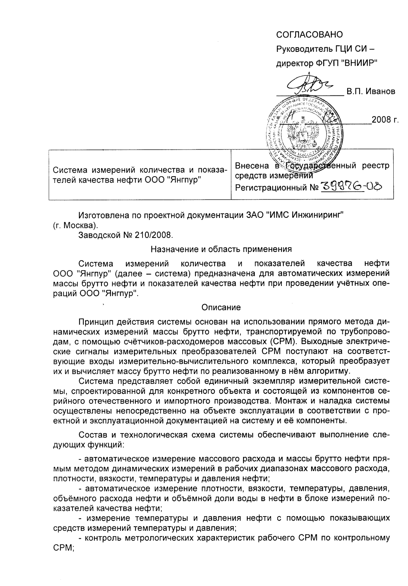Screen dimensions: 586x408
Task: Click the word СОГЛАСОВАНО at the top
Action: [x=310, y=35]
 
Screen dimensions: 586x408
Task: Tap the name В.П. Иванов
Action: [x=371, y=91]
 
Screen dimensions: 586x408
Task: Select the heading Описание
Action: [x=221, y=307]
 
